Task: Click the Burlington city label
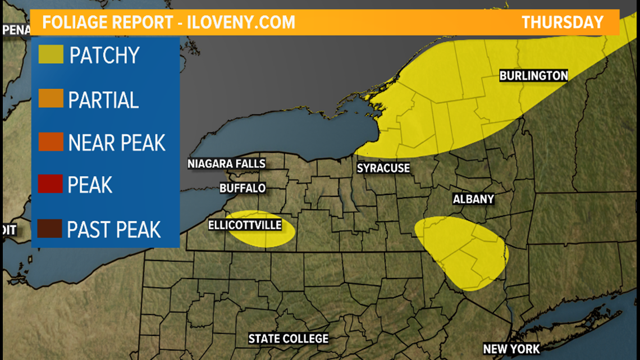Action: [533, 75]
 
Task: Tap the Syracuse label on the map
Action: [383, 168]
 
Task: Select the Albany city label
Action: [473, 199]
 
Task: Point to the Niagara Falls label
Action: [226, 164]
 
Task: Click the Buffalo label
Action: [243, 188]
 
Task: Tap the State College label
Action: [289, 339]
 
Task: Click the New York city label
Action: [511, 349]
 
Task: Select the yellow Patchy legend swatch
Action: [51, 54]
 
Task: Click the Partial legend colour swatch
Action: [51, 98]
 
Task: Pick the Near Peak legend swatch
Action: [51, 142]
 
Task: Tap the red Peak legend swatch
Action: [51, 184]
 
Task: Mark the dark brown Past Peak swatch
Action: [51, 229]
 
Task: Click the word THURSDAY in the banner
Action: [563, 22]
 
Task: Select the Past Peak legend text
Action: [114, 229]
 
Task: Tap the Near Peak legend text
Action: [117, 143]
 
